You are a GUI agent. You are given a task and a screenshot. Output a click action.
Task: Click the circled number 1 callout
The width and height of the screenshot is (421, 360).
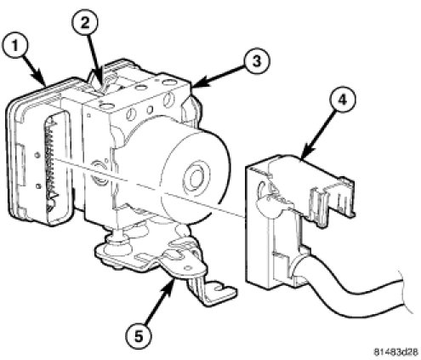click(15, 46)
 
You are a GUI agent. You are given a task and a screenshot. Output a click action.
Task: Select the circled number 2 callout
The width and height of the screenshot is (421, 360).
click(84, 23)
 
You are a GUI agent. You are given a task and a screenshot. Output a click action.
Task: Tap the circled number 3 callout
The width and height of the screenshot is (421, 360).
click(257, 61)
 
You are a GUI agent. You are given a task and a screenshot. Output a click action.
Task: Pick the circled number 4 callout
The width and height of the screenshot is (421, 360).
click(343, 100)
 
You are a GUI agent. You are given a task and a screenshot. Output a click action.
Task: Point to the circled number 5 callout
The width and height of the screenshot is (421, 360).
click(139, 337)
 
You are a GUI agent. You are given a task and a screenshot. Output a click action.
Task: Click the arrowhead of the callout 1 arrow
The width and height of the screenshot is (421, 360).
click(42, 80)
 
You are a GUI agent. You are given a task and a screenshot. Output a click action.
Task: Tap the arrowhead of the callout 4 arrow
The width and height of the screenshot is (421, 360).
click(305, 154)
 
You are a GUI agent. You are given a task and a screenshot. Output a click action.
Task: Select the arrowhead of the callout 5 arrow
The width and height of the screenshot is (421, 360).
click(171, 284)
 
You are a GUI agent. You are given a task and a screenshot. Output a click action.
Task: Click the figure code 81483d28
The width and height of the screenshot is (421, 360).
click(395, 352)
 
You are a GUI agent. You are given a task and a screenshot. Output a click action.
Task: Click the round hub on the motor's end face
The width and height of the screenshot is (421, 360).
click(196, 178)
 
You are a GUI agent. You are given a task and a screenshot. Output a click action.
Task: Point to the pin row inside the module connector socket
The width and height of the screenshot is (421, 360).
click(52, 164)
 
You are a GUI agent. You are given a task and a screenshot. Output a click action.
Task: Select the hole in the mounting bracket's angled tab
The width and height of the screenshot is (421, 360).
click(187, 268)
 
